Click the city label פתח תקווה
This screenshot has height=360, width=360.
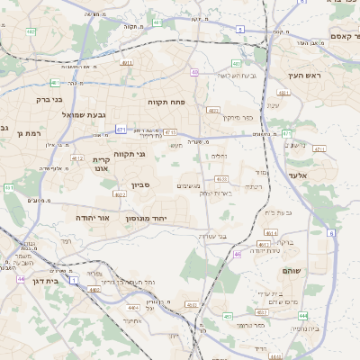pos(166,103)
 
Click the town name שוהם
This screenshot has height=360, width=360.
pos(292,271)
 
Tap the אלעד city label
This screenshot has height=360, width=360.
pos(298,175)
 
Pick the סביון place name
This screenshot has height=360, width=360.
pos(140,184)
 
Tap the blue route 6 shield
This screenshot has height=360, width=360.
pos(331,233)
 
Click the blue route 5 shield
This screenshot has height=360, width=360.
pos(239,30)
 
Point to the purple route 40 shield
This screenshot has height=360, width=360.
pos(194,72)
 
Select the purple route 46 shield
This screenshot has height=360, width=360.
pos(237,255)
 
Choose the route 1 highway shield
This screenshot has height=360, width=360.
pos(74,281)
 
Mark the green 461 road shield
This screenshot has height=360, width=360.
pos(56,83)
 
